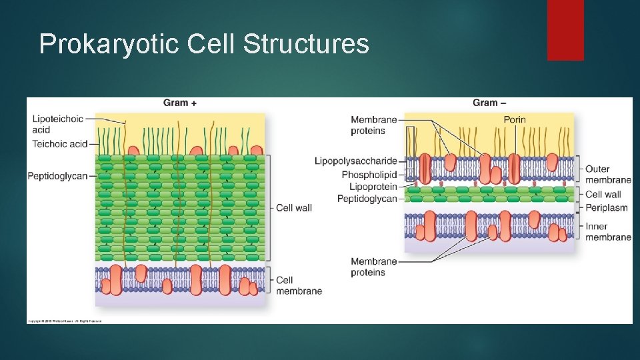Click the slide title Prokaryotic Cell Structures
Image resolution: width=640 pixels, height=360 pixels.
(203, 44)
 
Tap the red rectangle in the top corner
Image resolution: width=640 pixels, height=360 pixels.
(565, 30)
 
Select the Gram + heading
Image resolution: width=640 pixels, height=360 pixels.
(180, 103)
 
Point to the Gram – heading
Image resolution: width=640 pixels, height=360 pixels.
(489, 103)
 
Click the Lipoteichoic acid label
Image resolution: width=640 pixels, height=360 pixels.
(57, 124)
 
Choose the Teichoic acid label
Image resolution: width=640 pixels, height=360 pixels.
(60, 143)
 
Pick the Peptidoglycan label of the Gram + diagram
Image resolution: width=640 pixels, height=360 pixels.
(57, 176)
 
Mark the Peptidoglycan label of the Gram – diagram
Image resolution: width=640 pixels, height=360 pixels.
(367, 199)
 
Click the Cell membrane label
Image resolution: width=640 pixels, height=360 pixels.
(299, 285)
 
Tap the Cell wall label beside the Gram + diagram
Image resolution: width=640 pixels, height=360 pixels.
(294, 208)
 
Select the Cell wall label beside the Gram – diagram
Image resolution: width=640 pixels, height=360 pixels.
(603, 195)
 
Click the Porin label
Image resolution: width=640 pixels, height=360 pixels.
(514, 119)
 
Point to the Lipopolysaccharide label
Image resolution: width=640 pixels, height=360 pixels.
(355, 161)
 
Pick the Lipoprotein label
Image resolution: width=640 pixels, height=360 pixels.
(373, 187)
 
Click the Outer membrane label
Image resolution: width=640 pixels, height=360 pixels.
(607, 174)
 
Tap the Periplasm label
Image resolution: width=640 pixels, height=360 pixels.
(606, 207)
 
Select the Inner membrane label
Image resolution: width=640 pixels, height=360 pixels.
(607, 231)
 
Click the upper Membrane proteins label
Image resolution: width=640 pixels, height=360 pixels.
(373, 125)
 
